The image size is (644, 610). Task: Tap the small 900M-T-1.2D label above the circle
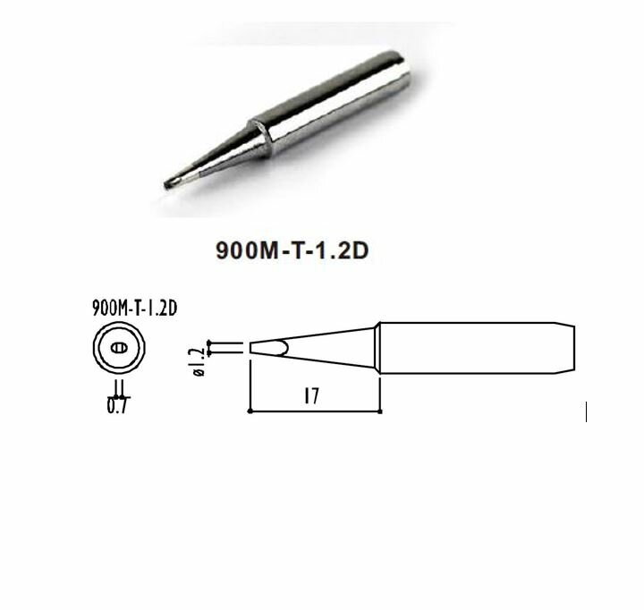tap(133, 308)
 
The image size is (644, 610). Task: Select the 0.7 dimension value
tap(116, 408)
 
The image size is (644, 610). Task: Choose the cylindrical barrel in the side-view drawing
tap(465, 347)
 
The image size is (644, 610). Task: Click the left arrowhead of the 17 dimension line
tap(250, 411)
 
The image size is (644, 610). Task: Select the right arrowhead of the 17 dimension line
tap(379, 411)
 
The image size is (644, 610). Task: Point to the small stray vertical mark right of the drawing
tap(586, 412)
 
